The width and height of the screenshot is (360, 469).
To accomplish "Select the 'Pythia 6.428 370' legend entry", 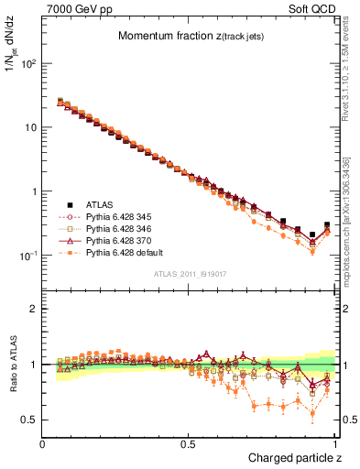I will (x=122, y=241).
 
